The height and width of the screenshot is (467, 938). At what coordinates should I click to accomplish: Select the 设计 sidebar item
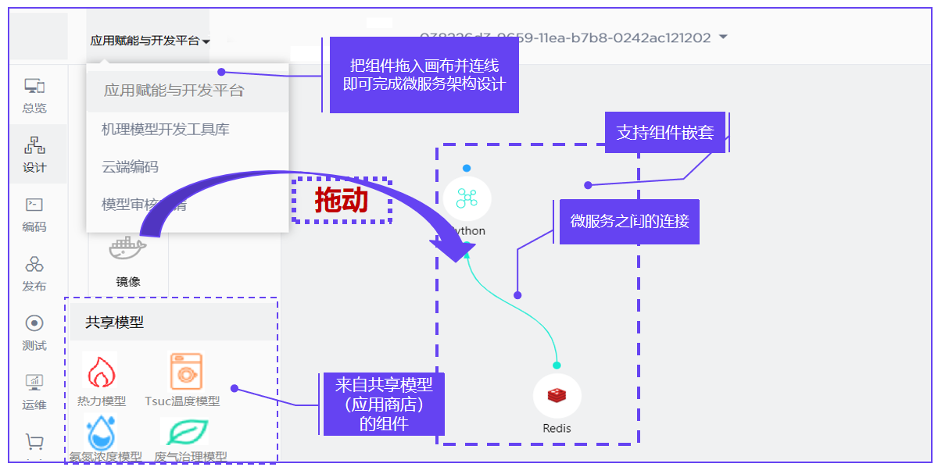coord(34,155)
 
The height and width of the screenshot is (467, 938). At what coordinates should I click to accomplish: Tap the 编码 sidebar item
coord(34,214)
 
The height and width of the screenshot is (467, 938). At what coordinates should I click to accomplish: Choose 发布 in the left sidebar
coord(34,273)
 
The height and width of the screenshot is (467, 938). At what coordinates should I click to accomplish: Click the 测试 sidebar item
coord(34,333)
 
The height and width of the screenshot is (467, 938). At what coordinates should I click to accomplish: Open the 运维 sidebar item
coord(34,392)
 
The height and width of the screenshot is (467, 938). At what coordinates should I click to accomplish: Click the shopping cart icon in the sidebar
coord(34,443)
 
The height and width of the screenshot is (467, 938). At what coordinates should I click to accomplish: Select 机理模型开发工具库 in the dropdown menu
coord(166,130)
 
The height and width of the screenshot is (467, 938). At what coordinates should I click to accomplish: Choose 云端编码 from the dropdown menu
coord(130,167)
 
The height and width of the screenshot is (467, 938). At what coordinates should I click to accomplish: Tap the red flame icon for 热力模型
coord(100,372)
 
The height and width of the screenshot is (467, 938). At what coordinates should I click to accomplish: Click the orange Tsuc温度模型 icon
coord(186,372)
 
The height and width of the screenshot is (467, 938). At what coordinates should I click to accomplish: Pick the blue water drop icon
coord(101,433)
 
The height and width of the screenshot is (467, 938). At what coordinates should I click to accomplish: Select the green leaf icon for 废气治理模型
coord(186,432)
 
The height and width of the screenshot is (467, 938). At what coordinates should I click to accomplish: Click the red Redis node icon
coord(557,395)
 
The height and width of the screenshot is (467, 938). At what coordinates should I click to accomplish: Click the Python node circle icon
coord(467,198)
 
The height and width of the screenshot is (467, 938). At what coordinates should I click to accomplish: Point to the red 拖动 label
coord(342,201)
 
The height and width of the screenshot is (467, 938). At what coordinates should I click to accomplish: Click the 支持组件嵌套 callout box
coord(665,133)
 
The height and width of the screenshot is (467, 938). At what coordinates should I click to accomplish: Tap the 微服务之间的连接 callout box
coord(629,222)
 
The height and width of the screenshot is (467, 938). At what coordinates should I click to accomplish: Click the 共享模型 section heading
coord(115,322)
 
